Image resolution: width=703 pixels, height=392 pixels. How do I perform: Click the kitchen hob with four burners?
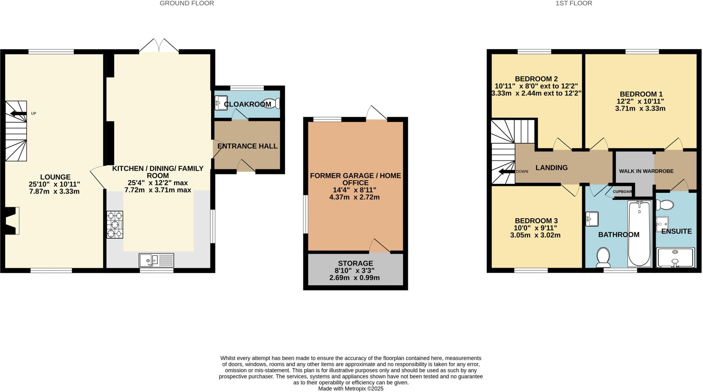115,225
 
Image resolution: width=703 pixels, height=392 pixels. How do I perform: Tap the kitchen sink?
157,260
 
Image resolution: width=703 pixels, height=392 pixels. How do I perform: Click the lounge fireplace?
12,221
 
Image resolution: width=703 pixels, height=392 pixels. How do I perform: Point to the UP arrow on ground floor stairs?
19,113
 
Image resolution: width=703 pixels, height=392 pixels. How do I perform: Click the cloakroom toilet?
272,103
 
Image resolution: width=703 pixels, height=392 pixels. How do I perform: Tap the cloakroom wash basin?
221,103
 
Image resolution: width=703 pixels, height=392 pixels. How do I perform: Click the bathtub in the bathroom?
639,234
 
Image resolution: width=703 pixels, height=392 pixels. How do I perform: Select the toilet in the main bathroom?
603,257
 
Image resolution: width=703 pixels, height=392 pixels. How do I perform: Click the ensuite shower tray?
675,258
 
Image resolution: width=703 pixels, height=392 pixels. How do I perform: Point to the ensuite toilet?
665,205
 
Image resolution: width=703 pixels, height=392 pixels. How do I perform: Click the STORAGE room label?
355,263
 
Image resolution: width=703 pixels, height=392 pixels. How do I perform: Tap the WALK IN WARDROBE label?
646,171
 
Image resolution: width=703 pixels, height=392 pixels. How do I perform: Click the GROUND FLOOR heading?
187,3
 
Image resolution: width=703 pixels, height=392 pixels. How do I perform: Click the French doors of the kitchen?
159,46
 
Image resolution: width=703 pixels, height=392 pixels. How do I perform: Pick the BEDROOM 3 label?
536,221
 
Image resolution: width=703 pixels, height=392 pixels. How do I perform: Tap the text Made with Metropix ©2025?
350,389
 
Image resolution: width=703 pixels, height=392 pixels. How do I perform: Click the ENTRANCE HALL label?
247,146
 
